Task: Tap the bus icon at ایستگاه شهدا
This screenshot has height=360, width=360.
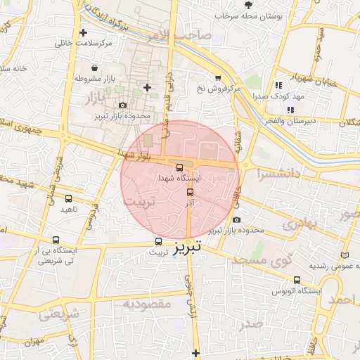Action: [x=179, y=167]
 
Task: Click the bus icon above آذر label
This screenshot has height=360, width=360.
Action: [x=190, y=191]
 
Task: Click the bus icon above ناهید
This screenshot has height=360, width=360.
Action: [x=68, y=199]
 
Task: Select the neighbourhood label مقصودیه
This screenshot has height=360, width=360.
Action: [x=147, y=304]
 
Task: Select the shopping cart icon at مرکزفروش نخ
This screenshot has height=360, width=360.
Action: [x=218, y=78]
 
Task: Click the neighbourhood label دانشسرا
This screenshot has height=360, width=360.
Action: [x=278, y=172]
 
